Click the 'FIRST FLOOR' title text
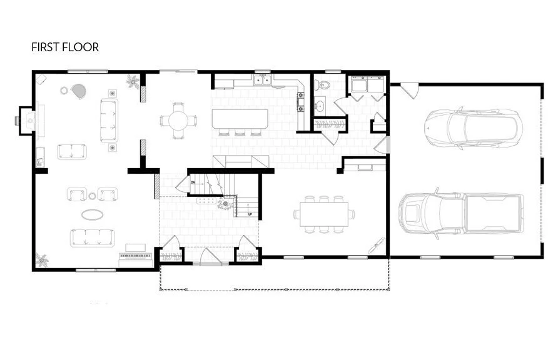tap(65, 47)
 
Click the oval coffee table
tap(94, 214)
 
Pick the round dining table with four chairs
tap(178, 119)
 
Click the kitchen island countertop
tap(240, 119)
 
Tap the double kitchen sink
tap(262, 79)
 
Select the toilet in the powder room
tap(325, 84)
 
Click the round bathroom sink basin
tap(320, 105)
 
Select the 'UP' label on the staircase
tap(250, 214)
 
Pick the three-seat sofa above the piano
tap(93, 237)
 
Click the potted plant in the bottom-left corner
tap(42, 258)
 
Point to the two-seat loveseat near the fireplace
tap(72, 151)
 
